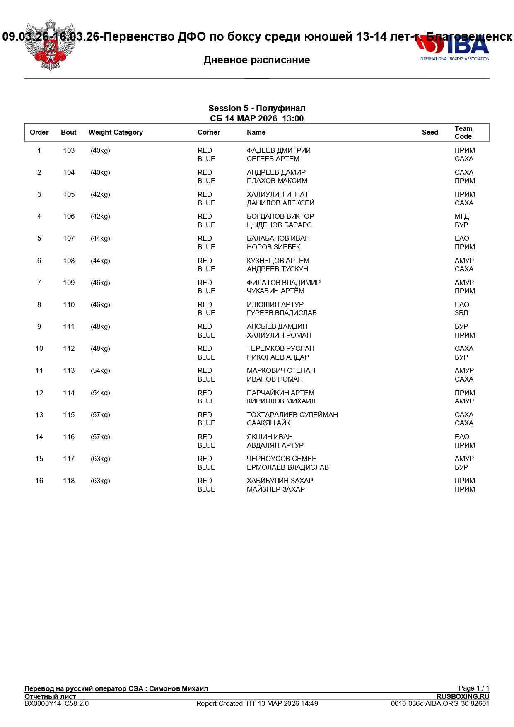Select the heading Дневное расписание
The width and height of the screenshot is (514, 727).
[257, 60]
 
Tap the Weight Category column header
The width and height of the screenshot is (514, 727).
[116, 133]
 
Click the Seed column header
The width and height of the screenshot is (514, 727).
[430, 133]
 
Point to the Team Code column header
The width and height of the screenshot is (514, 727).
[463, 133]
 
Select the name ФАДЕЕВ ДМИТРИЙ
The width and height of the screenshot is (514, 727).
[278, 151]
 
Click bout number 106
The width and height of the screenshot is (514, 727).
[69, 217]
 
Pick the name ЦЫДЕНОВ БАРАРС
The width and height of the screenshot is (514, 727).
[279, 225]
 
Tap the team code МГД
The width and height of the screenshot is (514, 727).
[462, 217]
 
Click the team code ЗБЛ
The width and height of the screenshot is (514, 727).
[461, 313]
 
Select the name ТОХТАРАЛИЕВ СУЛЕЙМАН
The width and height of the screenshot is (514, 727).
[292, 415]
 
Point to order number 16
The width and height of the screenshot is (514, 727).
[39, 481]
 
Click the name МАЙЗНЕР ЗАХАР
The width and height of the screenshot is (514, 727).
[276, 490]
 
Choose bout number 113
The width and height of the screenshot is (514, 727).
[69, 371]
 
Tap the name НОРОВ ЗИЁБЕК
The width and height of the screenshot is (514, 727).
[273, 247]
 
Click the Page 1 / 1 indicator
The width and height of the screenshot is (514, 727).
[473, 688]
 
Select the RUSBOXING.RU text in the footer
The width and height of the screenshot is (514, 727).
[463, 696]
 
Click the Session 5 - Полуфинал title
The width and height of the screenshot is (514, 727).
[257, 109]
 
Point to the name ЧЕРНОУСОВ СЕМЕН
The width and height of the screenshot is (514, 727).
[282, 459]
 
